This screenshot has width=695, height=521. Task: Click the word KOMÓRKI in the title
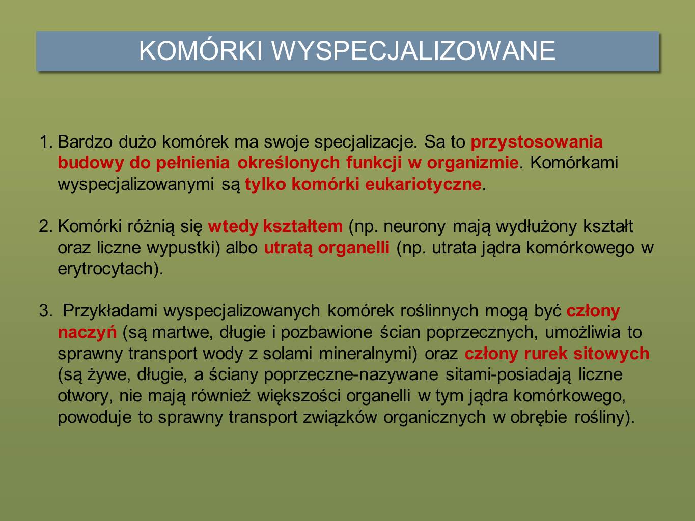(x=201, y=50)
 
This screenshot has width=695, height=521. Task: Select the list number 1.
(x=46, y=142)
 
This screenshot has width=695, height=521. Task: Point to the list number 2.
(x=46, y=226)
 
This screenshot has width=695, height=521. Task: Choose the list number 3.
(x=46, y=311)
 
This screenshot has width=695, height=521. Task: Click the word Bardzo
(x=85, y=142)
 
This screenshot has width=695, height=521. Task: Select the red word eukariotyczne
(x=423, y=185)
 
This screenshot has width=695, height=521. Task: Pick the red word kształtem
(x=303, y=226)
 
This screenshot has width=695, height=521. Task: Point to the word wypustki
(x=183, y=248)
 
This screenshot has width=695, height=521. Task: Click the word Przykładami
(x=110, y=311)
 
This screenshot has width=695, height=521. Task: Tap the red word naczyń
(x=88, y=333)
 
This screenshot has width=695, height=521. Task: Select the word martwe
(x=182, y=333)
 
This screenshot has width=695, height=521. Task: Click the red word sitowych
(x=611, y=353)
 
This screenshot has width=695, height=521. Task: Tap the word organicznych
(x=434, y=418)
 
